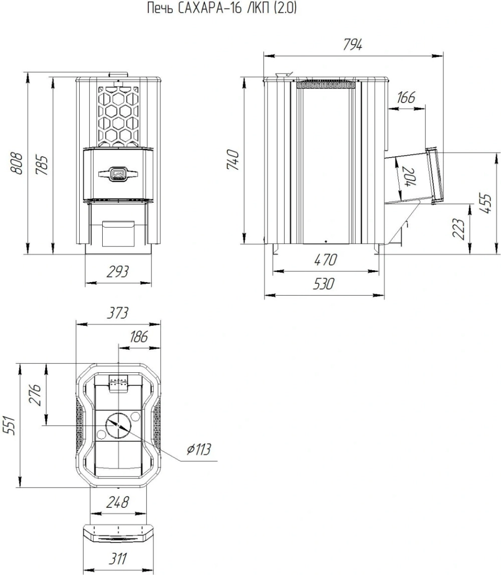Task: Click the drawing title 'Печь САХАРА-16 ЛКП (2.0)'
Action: click(221, 8)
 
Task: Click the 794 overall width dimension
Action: click(352, 45)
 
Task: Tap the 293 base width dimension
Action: click(118, 272)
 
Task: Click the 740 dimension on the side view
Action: click(234, 160)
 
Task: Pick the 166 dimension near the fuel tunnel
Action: click(406, 97)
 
